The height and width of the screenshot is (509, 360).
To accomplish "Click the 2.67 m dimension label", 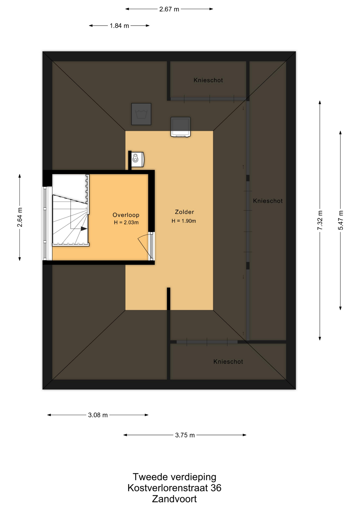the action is [169, 9].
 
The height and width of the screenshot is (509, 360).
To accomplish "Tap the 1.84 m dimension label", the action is [119, 26].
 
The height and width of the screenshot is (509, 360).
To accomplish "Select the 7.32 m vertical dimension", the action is [320, 220].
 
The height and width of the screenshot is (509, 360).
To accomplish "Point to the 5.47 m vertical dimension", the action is [341, 220].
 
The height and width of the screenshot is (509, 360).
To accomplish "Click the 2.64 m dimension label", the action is [20, 217].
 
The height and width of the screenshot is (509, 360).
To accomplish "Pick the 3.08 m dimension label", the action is [98, 415].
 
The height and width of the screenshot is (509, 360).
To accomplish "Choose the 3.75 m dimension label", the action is [185, 435].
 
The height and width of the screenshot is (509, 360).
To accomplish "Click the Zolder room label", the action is [185, 212].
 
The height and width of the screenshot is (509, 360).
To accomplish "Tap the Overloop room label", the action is [126, 215].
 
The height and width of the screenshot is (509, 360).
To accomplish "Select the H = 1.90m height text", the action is [184, 221].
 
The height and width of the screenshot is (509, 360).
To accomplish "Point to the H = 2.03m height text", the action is [126, 222].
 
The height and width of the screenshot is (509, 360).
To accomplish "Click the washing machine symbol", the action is [141, 114].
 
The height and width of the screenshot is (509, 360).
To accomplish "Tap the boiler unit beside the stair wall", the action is [138, 159].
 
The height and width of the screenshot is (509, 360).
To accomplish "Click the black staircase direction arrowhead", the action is [84, 229].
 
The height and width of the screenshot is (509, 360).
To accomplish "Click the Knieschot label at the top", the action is [208, 80].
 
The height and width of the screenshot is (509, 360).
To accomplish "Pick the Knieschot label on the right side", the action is [268, 201].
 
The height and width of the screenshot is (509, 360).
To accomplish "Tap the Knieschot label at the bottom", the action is [228, 362].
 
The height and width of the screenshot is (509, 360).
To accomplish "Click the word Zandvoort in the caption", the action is [174, 499].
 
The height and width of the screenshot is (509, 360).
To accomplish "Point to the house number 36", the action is [216, 488].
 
